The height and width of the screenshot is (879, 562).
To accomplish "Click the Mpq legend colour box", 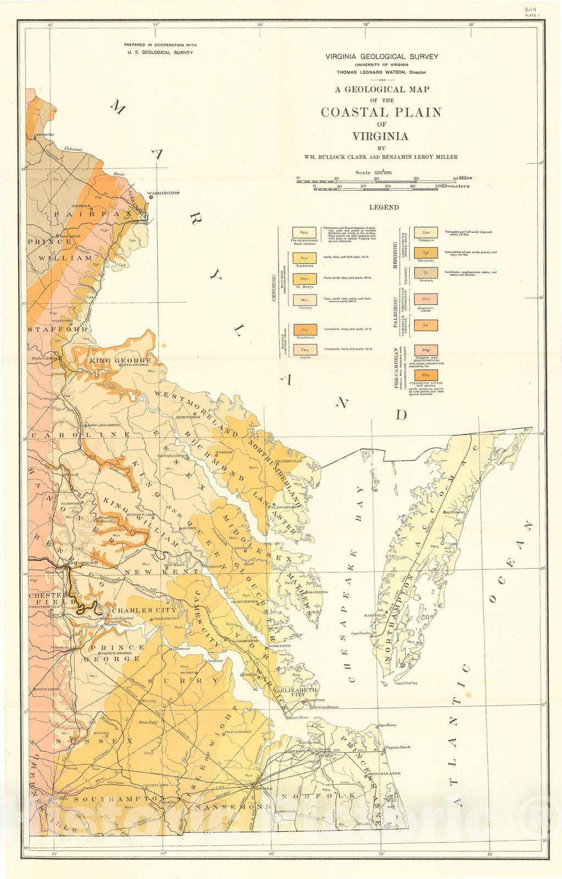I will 304,233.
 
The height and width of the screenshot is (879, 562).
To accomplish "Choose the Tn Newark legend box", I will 426,273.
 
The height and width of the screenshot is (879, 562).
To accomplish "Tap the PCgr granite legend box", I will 426,350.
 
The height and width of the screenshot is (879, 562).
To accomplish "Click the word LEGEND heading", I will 384,208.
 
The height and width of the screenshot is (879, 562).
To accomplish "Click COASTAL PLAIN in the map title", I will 381,112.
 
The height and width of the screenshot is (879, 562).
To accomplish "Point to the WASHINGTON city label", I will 163,193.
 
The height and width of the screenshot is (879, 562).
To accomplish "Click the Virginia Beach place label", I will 397,748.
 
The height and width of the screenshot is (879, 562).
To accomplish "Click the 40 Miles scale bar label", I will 462,178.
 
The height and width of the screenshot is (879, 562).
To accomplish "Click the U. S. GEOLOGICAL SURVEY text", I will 160,53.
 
